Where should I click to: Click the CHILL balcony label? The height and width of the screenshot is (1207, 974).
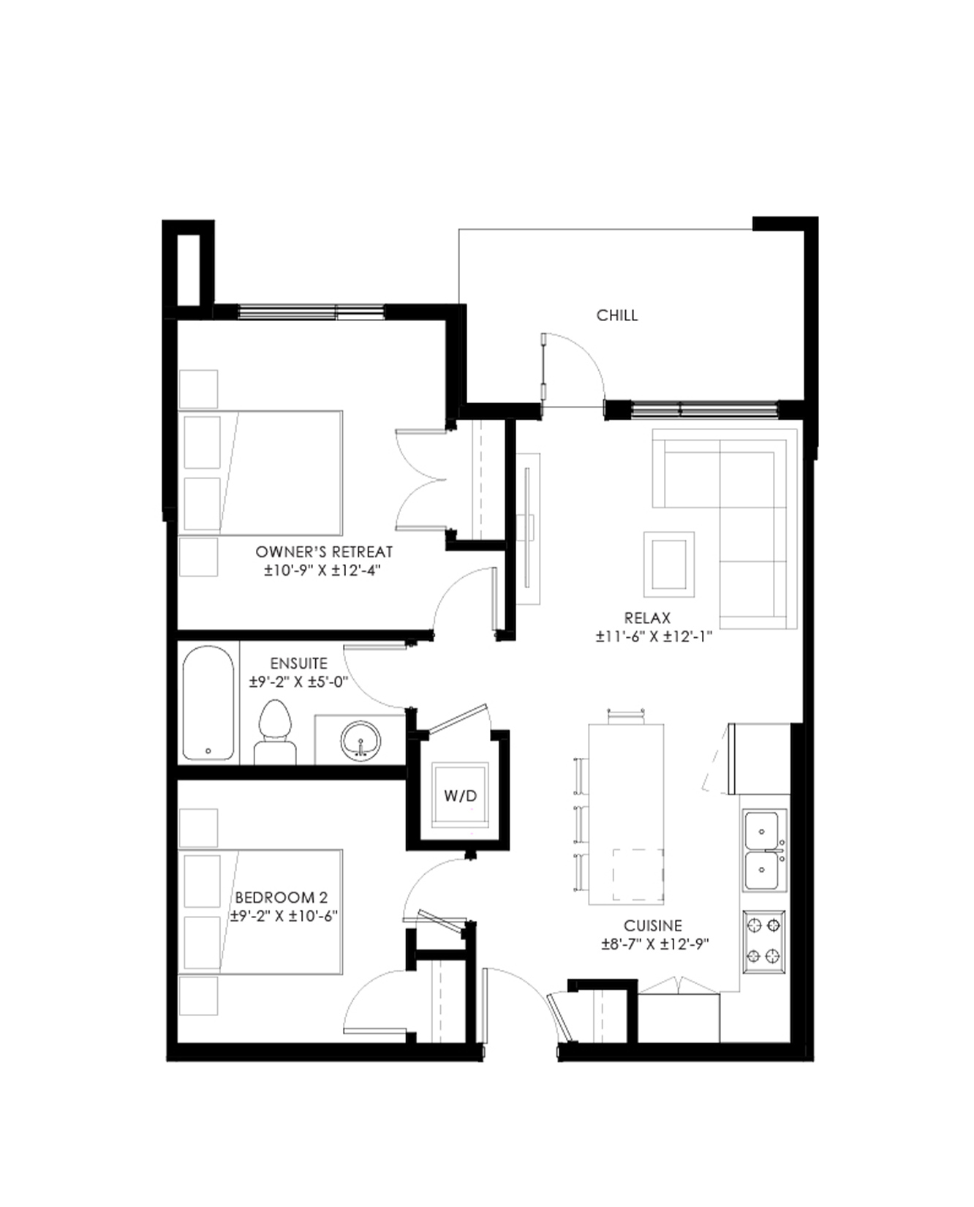click(617, 315)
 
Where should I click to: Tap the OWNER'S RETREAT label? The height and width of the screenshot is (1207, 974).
click(324, 552)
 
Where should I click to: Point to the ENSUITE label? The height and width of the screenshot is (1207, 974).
click(298, 663)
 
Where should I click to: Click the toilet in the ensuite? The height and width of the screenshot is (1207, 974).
click(275, 732)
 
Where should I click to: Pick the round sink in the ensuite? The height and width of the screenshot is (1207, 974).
click(360, 740)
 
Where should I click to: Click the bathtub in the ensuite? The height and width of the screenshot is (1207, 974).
click(208, 703)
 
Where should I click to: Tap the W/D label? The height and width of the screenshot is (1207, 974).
click(460, 795)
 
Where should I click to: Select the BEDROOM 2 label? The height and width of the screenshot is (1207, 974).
click(282, 898)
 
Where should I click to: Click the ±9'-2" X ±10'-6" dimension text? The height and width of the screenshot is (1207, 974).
click(284, 916)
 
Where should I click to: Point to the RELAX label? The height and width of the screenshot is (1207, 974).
click(647, 618)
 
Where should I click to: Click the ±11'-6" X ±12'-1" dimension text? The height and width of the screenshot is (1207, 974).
click(654, 636)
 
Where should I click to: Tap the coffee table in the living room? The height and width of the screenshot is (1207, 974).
click(668, 564)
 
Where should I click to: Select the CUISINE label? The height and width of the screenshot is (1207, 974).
click(653, 926)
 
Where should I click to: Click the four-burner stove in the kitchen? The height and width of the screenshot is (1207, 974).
click(764, 941)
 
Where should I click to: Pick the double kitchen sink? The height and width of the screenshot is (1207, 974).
click(765, 850)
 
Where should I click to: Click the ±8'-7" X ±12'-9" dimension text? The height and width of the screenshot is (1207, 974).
click(656, 944)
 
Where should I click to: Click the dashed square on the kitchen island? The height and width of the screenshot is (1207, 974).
click(638, 876)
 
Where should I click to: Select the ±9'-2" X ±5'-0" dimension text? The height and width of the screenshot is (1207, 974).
click(298, 682)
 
